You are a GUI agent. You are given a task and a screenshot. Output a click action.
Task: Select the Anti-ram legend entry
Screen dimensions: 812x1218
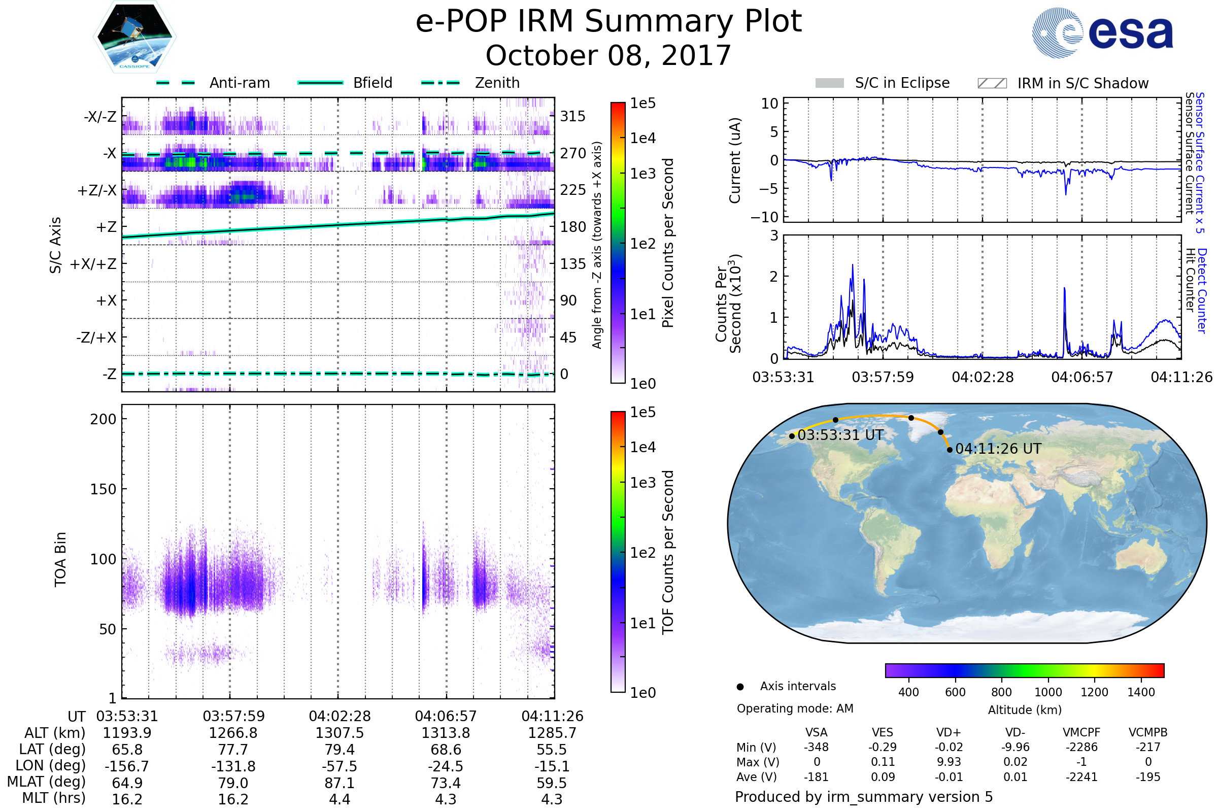point(213,83)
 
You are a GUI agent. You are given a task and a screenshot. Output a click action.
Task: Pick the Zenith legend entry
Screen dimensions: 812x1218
point(470,83)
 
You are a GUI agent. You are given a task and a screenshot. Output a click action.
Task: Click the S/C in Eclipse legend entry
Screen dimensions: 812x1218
point(882,83)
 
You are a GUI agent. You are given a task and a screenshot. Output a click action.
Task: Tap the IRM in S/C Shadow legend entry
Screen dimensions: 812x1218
point(1063,83)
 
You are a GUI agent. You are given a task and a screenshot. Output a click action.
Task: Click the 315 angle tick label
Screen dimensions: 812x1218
point(573,116)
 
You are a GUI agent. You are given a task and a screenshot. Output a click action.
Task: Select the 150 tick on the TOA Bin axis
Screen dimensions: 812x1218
point(103,489)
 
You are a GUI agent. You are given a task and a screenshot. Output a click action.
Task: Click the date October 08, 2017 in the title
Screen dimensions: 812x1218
point(608,55)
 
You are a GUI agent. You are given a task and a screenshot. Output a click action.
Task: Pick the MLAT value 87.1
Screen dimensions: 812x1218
point(339,783)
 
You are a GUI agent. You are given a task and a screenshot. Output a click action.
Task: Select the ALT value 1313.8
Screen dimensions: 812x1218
point(446,733)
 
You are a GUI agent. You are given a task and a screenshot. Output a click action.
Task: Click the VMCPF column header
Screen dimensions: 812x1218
point(1081,733)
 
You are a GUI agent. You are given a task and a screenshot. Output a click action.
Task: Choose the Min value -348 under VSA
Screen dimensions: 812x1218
point(816,747)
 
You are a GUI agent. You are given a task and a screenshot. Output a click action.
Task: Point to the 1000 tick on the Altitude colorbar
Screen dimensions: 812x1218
point(1047,692)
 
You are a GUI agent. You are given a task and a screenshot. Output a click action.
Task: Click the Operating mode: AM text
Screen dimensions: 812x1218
point(795,708)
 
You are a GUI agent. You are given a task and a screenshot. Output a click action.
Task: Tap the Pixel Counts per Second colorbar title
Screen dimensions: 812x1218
point(668,243)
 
